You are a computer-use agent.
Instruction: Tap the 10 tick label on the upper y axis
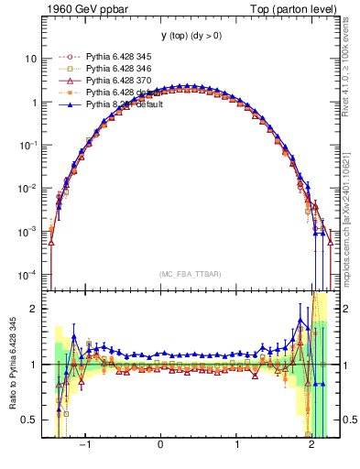[x=30, y=59]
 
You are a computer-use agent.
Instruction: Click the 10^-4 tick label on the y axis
[x=28, y=275]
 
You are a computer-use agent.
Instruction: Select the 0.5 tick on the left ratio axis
[x=28, y=420]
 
